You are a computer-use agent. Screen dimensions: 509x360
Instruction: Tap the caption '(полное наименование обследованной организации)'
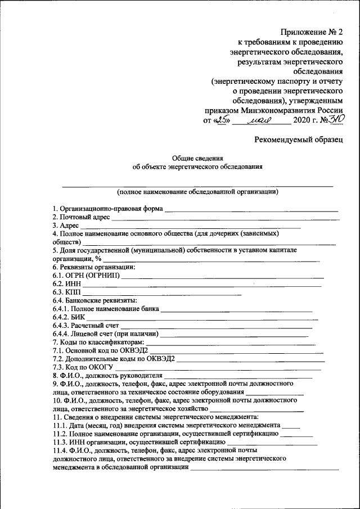[x=197, y=191]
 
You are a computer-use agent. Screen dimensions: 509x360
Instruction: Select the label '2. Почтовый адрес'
[x=82, y=217]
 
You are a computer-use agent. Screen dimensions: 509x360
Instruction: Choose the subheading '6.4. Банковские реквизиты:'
[x=95, y=301]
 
